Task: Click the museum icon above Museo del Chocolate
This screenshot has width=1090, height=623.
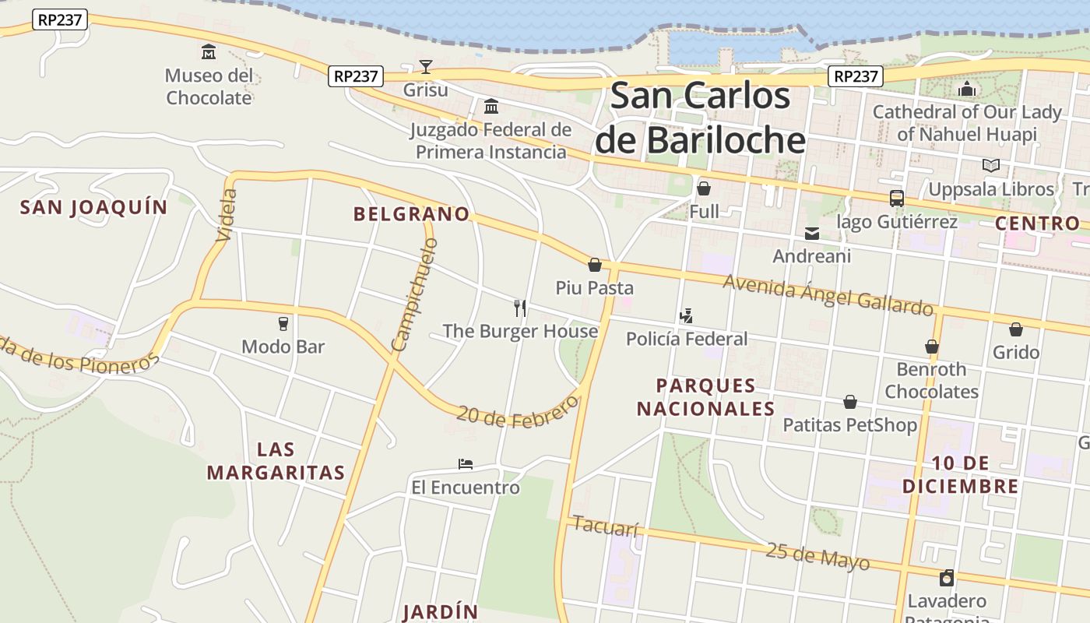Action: [x=209, y=52]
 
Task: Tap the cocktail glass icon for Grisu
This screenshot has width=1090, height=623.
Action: [x=426, y=66]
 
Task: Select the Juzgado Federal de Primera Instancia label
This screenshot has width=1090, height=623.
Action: [x=490, y=141]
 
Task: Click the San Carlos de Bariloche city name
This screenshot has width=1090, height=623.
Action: [x=699, y=118]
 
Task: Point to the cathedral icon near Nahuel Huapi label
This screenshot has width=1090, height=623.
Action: [x=967, y=89]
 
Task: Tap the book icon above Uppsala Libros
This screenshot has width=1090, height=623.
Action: [x=990, y=165]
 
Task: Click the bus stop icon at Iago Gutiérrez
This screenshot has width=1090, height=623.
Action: [x=897, y=199]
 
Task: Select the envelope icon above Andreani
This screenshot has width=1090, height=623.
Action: [x=812, y=233]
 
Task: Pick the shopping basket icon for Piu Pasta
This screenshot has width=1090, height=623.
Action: [x=595, y=265]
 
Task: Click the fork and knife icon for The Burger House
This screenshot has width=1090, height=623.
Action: [x=520, y=308]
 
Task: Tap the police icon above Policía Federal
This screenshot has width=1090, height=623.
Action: [x=686, y=315]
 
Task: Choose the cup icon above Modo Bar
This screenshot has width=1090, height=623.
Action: [x=283, y=323]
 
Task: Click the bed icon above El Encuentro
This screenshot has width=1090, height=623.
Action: [x=466, y=464]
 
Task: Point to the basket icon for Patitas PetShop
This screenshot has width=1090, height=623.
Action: [x=850, y=402]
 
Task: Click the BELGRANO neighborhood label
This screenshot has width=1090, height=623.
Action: [x=412, y=214]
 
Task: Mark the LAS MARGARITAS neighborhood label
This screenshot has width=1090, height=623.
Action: [x=276, y=461]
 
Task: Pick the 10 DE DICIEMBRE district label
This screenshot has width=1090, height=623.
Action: [x=960, y=475]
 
